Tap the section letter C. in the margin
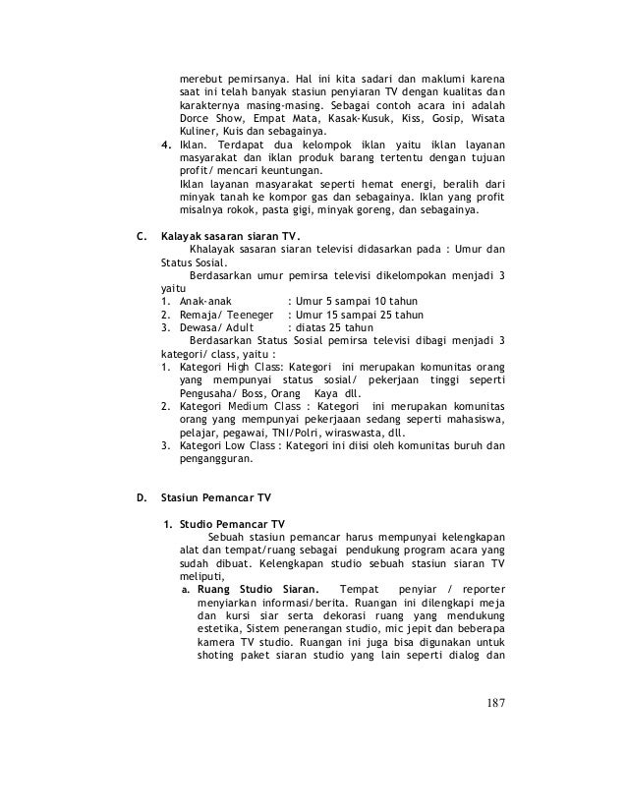tap(141, 236)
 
